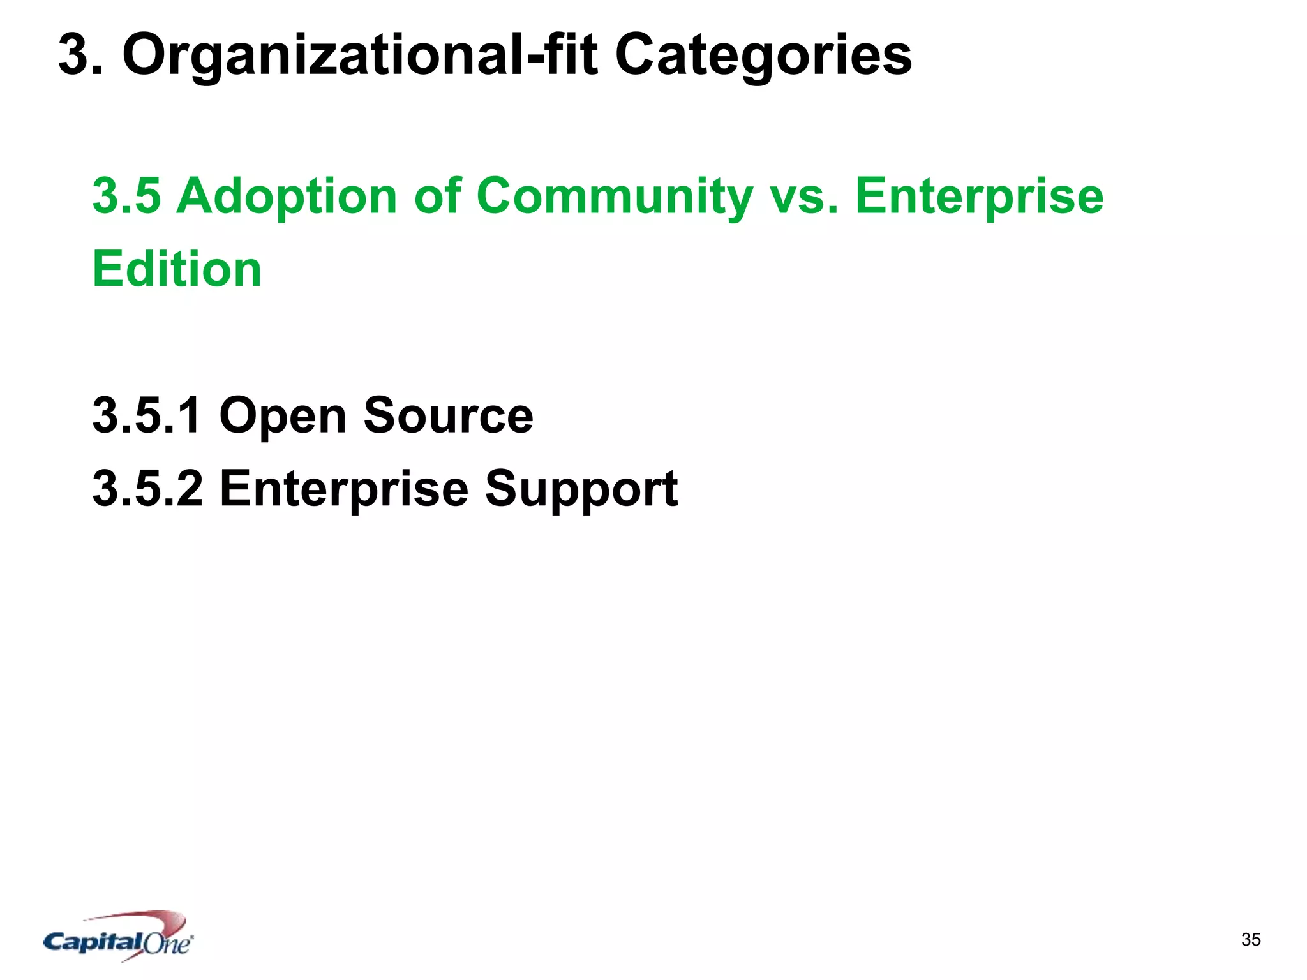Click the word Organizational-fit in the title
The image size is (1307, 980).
359,56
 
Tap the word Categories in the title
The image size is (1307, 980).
763,56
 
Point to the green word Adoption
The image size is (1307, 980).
287,197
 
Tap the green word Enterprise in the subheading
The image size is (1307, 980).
979,197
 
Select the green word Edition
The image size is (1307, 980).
177,269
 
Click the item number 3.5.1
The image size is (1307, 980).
147,415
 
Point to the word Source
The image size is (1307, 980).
448,415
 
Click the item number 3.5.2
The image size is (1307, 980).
147,489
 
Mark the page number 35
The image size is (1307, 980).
1251,939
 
